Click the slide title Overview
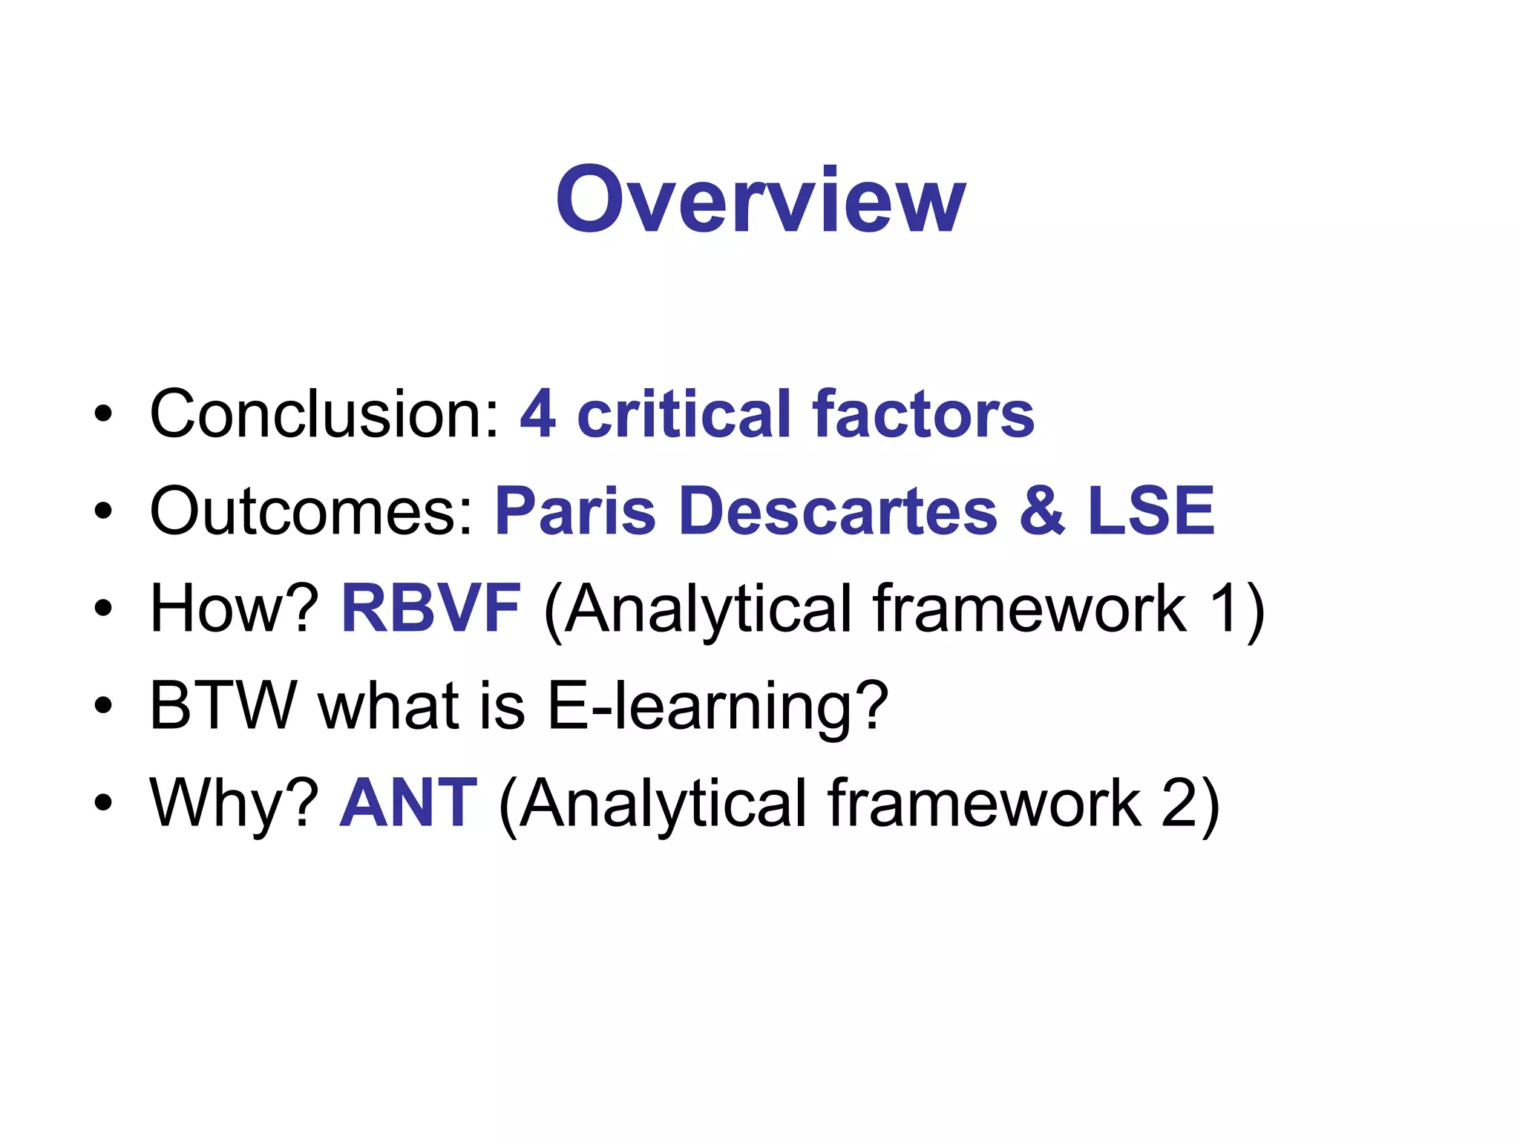(x=760, y=200)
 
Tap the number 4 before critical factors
(x=537, y=413)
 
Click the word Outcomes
(x=311, y=511)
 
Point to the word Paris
(x=575, y=511)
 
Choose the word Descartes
(x=838, y=511)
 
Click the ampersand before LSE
(x=1042, y=511)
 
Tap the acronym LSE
(x=1150, y=511)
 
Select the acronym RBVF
(x=430, y=608)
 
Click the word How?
(x=235, y=608)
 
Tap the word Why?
(x=235, y=802)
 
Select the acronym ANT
(x=407, y=802)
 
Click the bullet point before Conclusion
(x=103, y=415)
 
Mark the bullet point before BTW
(x=103, y=707)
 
